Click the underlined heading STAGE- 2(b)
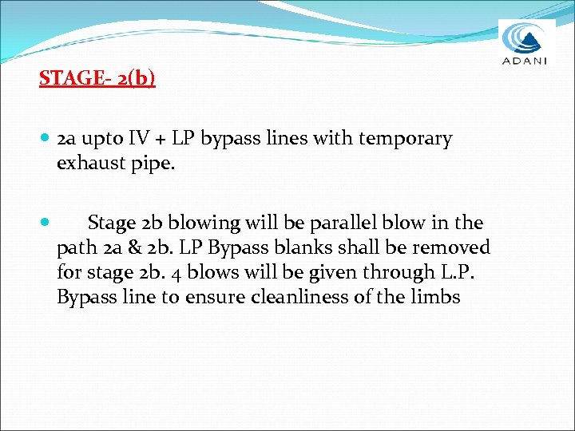[x=97, y=78]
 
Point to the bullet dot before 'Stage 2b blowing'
[x=44, y=223]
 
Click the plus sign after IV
[x=162, y=140]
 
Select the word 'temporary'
[x=406, y=139]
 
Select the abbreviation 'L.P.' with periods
[x=458, y=272]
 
